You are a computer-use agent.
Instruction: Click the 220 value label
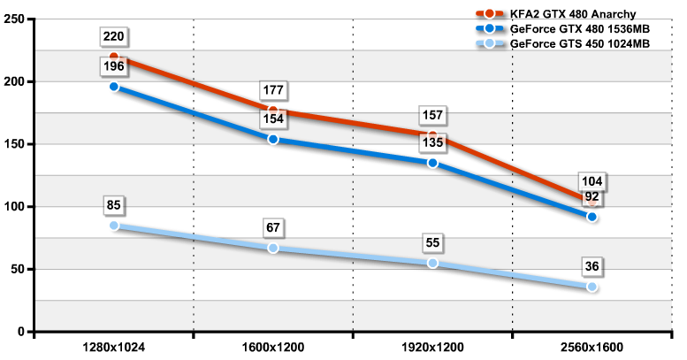(114, 37)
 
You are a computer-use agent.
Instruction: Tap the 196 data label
(114, 67)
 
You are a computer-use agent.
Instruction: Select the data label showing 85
(114, 207)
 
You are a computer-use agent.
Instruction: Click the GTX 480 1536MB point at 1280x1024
(114, 87)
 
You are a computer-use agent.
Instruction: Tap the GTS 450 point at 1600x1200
(273, 249)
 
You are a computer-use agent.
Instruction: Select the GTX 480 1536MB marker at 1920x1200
(432, 163)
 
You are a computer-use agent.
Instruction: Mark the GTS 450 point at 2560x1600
(592, 287)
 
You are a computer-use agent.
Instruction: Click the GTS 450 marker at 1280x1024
(114, 226)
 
